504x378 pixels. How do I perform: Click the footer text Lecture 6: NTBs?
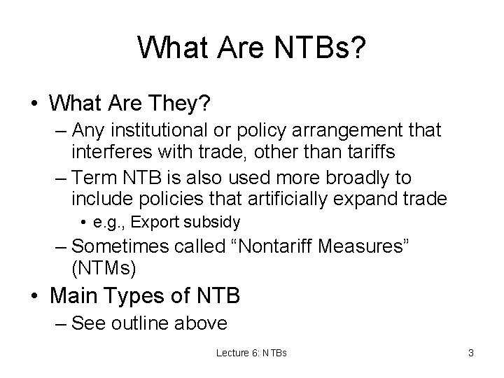click(x=253, y=353)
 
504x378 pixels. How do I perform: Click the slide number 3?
click(x=470, y=353)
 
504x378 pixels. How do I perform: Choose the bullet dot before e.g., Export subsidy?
click(x=83, y=223)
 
